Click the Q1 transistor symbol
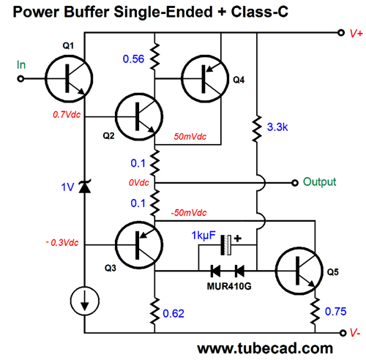69,78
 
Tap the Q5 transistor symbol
299,271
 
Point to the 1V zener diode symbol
85,187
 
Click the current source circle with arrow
85,301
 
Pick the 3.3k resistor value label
277,127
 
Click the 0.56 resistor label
133,59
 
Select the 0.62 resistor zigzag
154,311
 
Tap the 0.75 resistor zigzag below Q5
315,311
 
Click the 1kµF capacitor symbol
225,245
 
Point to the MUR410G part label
229,286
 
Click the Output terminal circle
295,183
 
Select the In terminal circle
20,79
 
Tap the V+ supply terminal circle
341,32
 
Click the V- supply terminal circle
343,333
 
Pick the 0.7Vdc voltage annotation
67,115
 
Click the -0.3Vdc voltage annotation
62,242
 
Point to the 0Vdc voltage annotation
139,183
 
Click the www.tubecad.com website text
265,348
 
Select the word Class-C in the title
260,12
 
